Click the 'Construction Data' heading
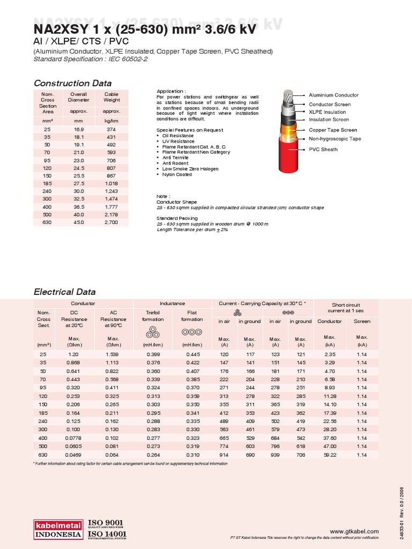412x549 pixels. click(x=72, y=83)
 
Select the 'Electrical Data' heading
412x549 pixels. click(x=64, y=292)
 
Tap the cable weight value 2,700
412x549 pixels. click(x=112, y=222)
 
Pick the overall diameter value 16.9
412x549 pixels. click(x=78, y=130)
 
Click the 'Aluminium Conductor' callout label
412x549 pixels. click(x=334, y=95)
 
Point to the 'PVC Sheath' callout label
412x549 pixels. click(x=323, y=150)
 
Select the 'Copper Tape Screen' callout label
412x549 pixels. click(x=333, y=130)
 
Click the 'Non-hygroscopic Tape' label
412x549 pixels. click(x=335, y=139)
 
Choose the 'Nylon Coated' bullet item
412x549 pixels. click(x=177, y=174)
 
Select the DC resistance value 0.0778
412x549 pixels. click(x=74, y=437)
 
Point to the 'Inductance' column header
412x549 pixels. click(x=172, y=303)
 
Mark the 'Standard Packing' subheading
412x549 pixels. click(x=177, y=218)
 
